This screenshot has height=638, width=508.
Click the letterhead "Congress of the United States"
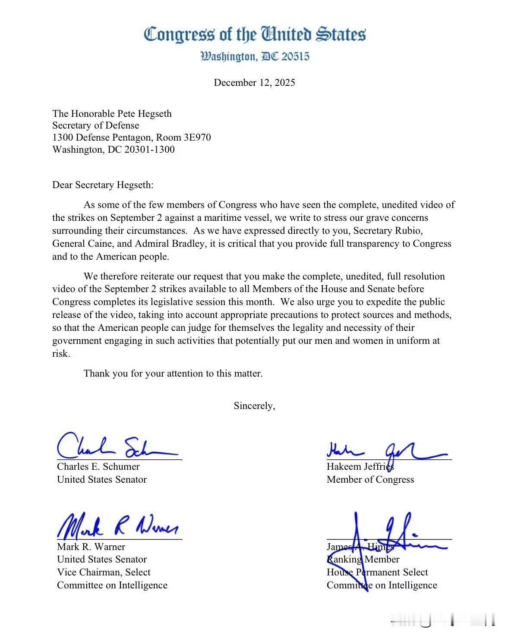255,35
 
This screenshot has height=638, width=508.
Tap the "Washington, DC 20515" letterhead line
255,57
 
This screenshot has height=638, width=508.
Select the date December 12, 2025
254,83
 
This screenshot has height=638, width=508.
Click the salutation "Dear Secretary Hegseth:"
103,185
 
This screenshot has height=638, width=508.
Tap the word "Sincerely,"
254,406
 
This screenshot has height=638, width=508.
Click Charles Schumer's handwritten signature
117,447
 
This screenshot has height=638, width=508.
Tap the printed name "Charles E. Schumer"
98,467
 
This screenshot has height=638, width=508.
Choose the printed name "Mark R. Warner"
91,547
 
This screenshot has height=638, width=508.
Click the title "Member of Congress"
370,480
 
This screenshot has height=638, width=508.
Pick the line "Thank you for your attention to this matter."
173,374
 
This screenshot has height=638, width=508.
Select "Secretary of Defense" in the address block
96,126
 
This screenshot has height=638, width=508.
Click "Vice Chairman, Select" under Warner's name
104,572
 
